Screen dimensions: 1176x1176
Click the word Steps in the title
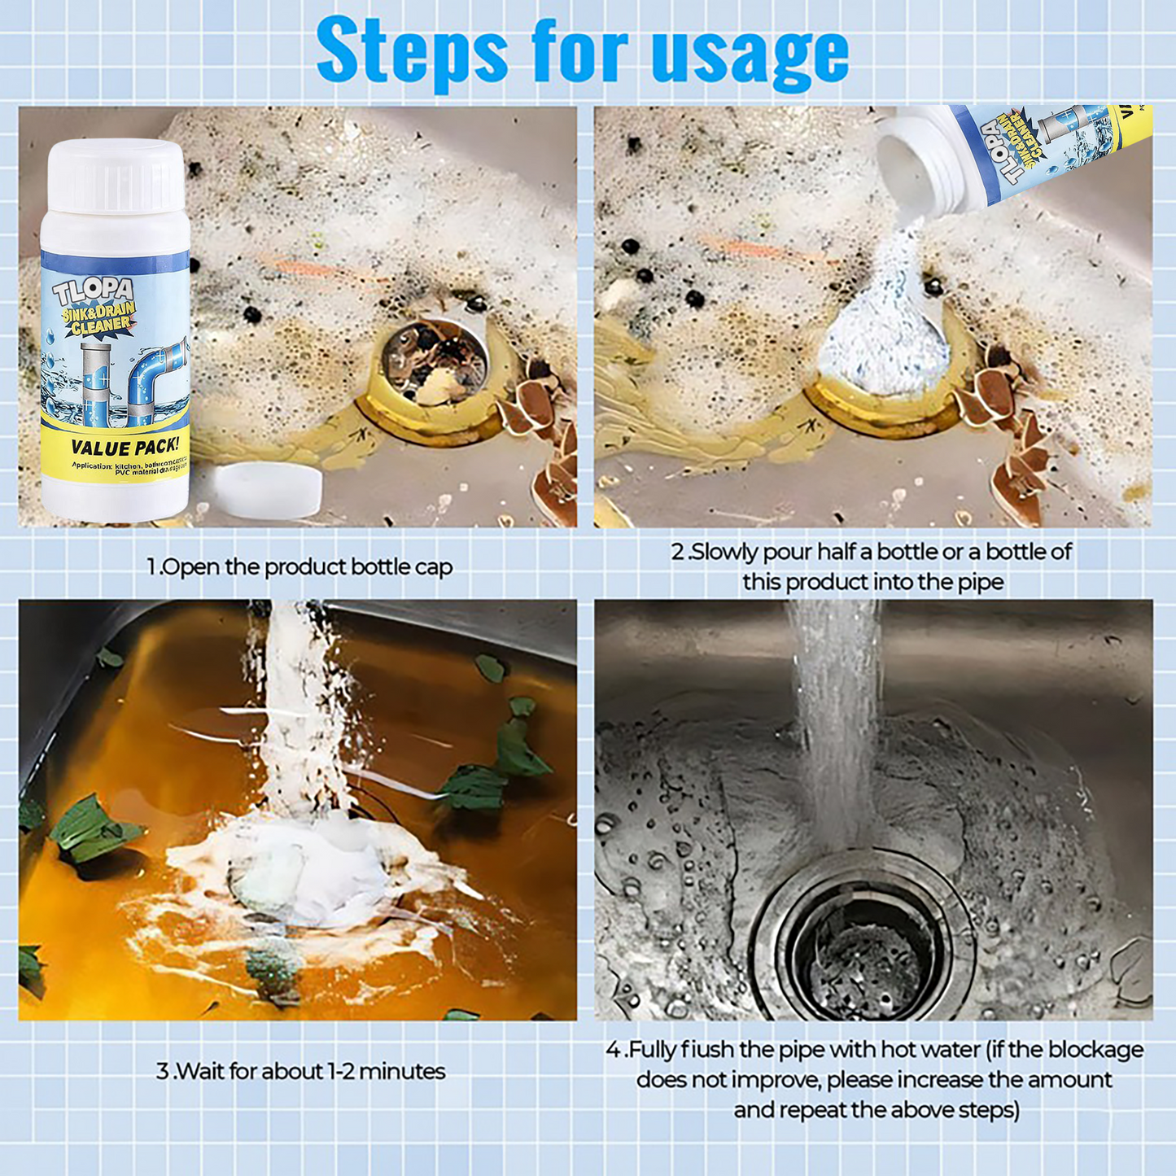pyautogui.click(x=412, y=51)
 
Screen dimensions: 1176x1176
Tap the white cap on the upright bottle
pyautogui.click(x=116, y=175)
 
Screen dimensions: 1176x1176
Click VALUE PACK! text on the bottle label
pyautogui.click(x=124, y=447)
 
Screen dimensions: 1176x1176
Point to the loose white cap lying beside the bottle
pyautogui.click(x=269, y=489)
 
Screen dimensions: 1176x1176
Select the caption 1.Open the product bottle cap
pyautogui.click(x=299, y=566)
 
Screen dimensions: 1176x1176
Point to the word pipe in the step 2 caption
pyautogui.click(x=983, y=583)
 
